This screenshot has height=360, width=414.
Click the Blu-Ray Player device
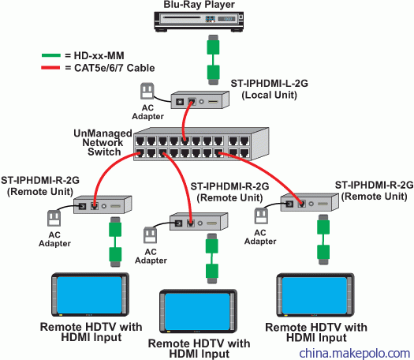(x=199, y=21)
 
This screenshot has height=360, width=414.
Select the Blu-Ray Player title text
(x=199, y=5)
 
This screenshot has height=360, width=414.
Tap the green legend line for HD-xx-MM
(x=51, y=55)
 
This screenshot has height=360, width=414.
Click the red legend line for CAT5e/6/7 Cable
(x=50, y=68)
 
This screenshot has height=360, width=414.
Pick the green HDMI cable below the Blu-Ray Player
(x=214, y=60)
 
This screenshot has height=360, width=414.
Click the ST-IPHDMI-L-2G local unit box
(x=200, y=100)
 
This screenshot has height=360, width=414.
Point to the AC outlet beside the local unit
(x=147, y=91)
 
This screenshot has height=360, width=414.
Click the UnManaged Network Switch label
(x=103, y=142)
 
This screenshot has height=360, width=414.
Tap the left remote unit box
(x=103, y=204)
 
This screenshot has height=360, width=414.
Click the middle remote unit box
(x=199, y=221)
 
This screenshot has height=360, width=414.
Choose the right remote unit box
(x=309, y=202)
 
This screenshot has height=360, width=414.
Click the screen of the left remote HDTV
(x=90, y=294)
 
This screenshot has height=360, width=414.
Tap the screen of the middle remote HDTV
(x=198, y=312)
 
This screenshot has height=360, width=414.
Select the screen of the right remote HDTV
(x=315, y=295)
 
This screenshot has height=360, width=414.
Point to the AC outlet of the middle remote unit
(x=151, y=235)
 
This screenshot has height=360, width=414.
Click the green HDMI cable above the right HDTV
(x=323, y=239)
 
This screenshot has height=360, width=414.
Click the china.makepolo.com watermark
(x=355, y=353)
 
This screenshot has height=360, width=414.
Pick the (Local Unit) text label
(x=270, y=96)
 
